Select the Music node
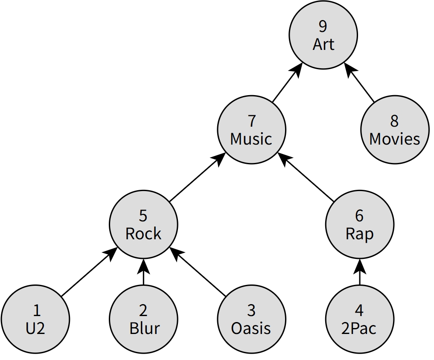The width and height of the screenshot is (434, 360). (x=251, y=130)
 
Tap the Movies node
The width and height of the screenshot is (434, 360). (x=394, y=130)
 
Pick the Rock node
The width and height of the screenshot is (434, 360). (x=143, y=224)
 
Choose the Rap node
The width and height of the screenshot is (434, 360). (x=359, y=224)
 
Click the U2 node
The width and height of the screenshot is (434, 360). (x=35, y=319)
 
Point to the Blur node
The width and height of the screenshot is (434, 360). (x=143, y=319)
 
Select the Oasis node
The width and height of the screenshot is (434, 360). (x=251, y=319)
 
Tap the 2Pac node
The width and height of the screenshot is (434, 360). (x=359, y=319)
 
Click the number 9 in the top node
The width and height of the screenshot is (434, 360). (x=323, y=26)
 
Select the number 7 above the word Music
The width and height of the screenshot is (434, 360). (x=251, y=121)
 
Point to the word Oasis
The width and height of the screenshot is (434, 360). (x=251, y=328)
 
